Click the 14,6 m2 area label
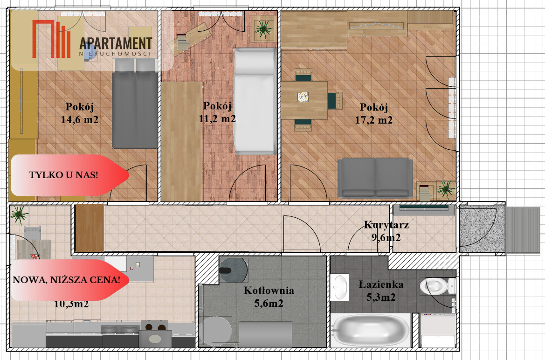coord(80,120)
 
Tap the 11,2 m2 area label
coord(217,118)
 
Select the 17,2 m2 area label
coord(373,120)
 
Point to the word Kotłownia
coord(269,290)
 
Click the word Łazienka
coord(381,284)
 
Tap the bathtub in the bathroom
coord(370,330)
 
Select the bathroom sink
coord(339,287)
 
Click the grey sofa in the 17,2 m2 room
coord(375,178)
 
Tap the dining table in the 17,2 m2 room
coord(304,100)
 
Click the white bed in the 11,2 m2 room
coord(255,101)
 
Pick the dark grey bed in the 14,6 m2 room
coord(135,104)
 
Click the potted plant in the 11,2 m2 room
coord(264,29)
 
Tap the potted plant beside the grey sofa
coord(446,190)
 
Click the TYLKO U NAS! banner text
coord(63,174)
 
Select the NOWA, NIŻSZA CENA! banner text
coord(66,280)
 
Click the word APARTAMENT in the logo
coord(116,43)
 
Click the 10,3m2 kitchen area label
coord(71,305)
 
